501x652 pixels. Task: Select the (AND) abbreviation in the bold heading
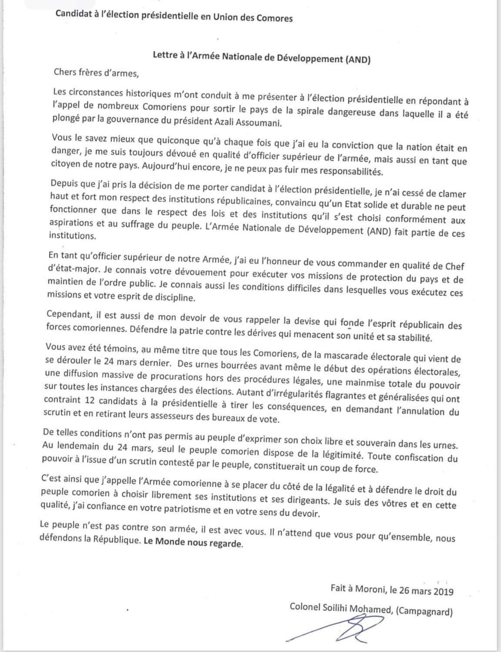[x=357, y=59]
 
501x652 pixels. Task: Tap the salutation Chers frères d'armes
[x=96, y=72]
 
